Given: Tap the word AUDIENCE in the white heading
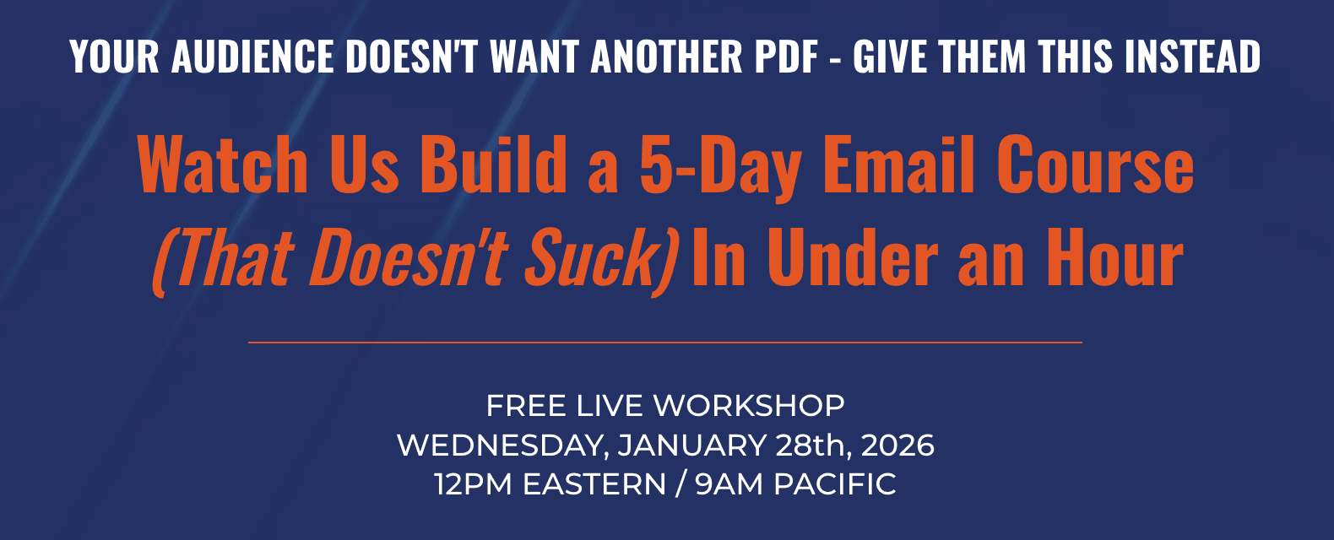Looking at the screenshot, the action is (252, 57).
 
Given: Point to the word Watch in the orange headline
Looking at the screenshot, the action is (222, 165).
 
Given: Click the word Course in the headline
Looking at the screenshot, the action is (1095, 165).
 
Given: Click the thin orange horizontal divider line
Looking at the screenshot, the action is (665, 343).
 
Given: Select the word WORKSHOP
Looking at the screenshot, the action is (749, 406).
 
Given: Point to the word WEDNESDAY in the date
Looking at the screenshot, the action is (502, 446).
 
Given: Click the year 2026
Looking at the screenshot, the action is (897, 445).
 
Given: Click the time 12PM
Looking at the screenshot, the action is (474, 484).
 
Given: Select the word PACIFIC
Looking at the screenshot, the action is (835, 484).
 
